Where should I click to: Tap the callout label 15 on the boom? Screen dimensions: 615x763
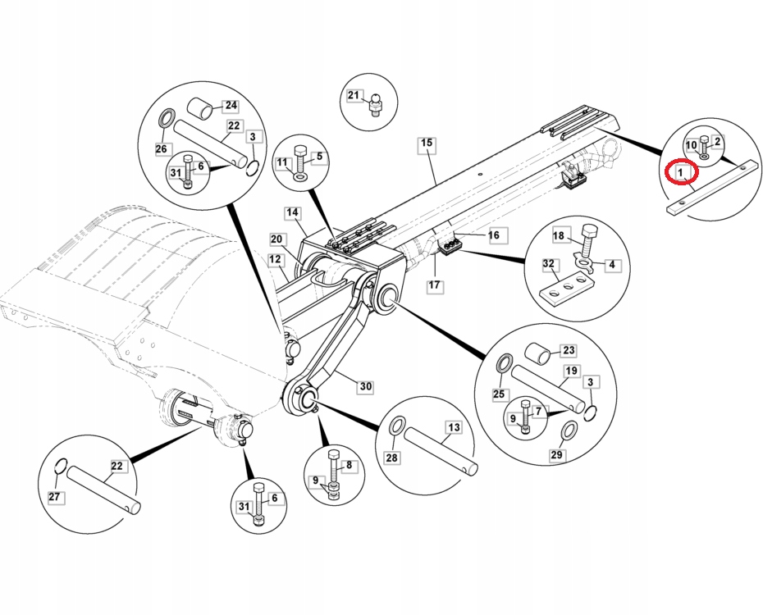coord(426,143)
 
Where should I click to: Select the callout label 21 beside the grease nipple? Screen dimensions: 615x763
coord(354,96)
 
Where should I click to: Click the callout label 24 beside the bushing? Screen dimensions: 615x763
coord(231,106)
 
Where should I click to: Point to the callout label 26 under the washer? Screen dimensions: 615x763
coord(161,148)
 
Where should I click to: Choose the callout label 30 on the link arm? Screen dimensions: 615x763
coord(366,386)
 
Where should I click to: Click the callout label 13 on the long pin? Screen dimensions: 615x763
coord(454,427)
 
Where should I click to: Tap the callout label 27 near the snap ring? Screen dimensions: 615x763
coord(54,497)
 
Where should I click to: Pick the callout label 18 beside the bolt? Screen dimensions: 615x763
coord(559,235)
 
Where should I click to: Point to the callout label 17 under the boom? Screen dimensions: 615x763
coord(434,286)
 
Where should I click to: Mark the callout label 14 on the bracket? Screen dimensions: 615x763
coord(292,212)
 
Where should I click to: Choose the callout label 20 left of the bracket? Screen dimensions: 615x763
coord(276,239)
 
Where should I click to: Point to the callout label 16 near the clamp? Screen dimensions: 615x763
coord(493,235)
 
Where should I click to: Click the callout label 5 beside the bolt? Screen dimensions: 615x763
coord(320,156)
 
